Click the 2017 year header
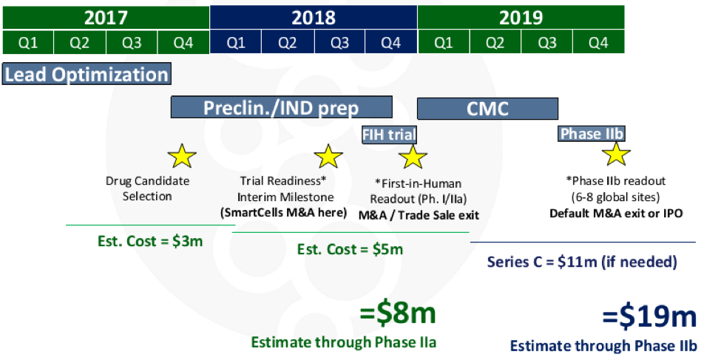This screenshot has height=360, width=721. point(106,18)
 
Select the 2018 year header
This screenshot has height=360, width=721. point(314,18)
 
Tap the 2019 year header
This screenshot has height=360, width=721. point(521,18)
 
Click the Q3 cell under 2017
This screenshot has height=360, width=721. point(132,42)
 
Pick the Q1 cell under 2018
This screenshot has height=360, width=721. point(235,42)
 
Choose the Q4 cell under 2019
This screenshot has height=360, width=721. point(599,42)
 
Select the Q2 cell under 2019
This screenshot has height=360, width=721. point(495,42)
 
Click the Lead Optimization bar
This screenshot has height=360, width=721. point(87,74)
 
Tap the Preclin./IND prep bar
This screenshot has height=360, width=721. point(282,107)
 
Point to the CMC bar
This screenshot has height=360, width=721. point(487,109)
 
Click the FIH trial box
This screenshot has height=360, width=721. point(390,135)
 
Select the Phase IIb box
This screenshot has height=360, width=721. point(592,133)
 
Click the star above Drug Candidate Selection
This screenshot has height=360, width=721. point(182,156)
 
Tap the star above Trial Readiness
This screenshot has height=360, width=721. point(328,156)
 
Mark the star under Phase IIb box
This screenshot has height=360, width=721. point(616,154)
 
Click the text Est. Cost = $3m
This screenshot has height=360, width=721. point(150,242)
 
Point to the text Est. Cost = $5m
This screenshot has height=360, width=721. point(350,250)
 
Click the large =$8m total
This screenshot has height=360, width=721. point(397,314)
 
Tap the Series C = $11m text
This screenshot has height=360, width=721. point(582,262)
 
